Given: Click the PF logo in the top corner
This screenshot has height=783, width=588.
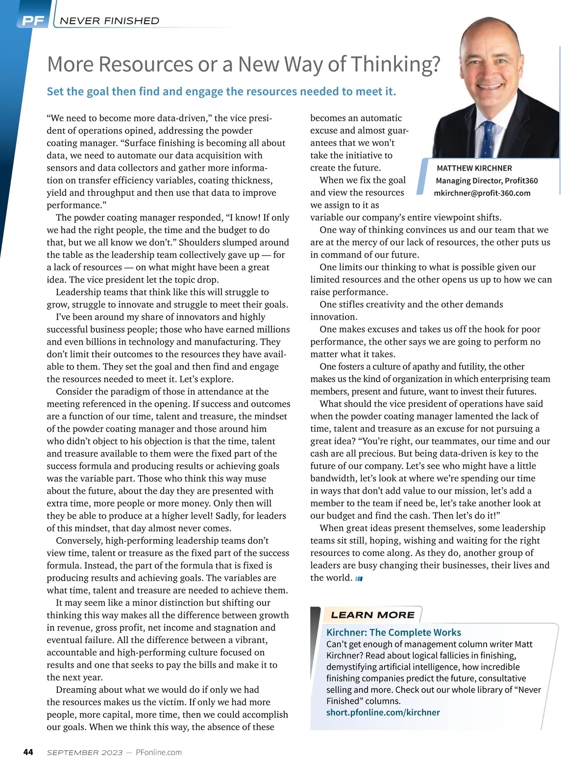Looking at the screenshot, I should [x=33, y=21].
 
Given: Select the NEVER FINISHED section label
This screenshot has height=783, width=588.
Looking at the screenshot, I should [x=109, y=21].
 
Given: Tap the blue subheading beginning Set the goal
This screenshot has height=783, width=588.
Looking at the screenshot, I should [x=221, y=92].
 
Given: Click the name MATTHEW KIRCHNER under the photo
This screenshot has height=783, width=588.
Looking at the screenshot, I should [x=474, y=168].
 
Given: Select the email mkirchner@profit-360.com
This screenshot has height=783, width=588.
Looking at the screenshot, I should [x=482, y=193].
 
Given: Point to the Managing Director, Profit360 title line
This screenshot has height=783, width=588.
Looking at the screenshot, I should [x=487, y=181].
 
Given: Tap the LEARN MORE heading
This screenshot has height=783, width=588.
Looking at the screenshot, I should [x=372, y=615].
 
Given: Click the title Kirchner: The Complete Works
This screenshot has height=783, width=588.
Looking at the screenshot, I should [x=393, y=632].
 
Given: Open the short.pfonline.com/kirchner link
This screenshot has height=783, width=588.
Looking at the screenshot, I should [x=383, y=713].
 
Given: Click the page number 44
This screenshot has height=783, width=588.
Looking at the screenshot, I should [x=28, y=752].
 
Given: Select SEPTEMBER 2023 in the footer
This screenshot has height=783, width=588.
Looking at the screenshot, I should [x=85, y=753].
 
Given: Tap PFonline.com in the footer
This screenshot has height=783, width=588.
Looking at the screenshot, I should [x=158, y=753].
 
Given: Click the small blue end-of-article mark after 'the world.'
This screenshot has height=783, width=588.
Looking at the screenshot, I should [x=359, y=578].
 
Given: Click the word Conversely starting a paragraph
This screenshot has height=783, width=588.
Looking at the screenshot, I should [x=79, y=541].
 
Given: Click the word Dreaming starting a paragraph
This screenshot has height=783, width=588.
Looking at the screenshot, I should [x=76, y=690].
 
